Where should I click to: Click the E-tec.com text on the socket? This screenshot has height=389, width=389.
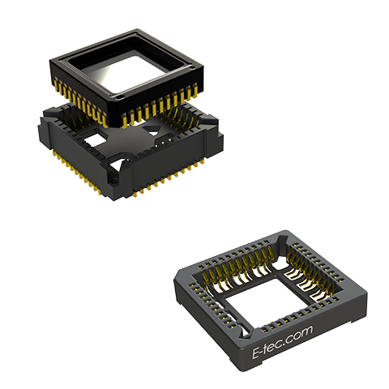pos(282,342)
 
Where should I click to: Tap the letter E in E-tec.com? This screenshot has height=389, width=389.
pos(256,354)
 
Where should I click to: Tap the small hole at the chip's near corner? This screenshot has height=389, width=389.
pos(120,96)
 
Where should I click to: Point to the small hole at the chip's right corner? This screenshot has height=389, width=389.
pos(191,66)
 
